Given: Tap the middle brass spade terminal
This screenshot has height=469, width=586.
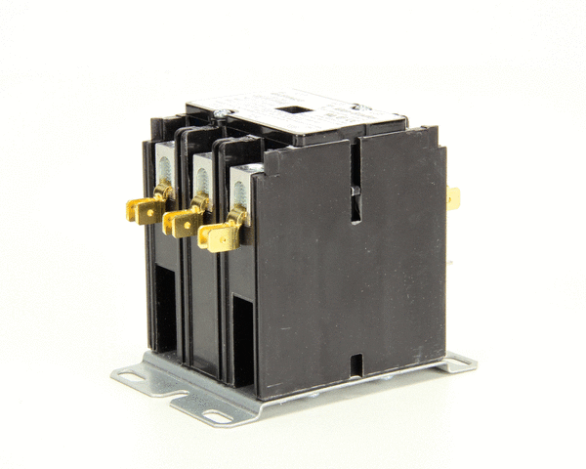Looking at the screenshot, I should coord(181,221).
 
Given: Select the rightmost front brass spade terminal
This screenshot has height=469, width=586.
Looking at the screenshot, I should coord(218,235).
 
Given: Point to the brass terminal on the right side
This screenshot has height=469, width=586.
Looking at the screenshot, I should coord(453,197).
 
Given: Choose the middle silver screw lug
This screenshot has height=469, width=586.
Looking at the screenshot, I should coord(202,177).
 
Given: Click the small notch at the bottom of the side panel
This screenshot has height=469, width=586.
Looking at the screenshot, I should coord(356,365).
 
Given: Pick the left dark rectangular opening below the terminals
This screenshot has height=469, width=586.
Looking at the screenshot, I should coord(167,312).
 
